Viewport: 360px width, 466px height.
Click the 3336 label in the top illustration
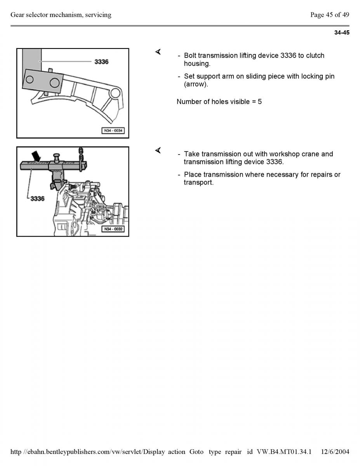[x=101, y=62]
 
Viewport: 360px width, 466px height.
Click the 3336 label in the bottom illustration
[x=37, y=198]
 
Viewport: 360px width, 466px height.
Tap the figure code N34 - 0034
[x=113, y=130]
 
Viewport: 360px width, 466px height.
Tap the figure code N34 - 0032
[x=113, y=229]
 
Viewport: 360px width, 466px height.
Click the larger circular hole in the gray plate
[x=54, y=82]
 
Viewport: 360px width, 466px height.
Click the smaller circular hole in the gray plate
[x=30, y=80]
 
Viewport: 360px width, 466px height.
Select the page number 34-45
[x=342, y=33]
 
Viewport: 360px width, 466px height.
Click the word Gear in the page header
[x=17, y=15]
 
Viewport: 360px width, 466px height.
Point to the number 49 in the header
[x=345, y=15]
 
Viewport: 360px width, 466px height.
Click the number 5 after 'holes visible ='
[x=260, y=102]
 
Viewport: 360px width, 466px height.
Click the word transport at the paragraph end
[x=198, y=183]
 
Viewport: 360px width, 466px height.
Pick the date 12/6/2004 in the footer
[x=335, y=452]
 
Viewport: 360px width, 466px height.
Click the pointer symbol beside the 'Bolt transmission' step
[x=158, y=52]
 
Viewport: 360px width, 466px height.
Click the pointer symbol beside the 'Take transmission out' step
[x=158, y=150]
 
